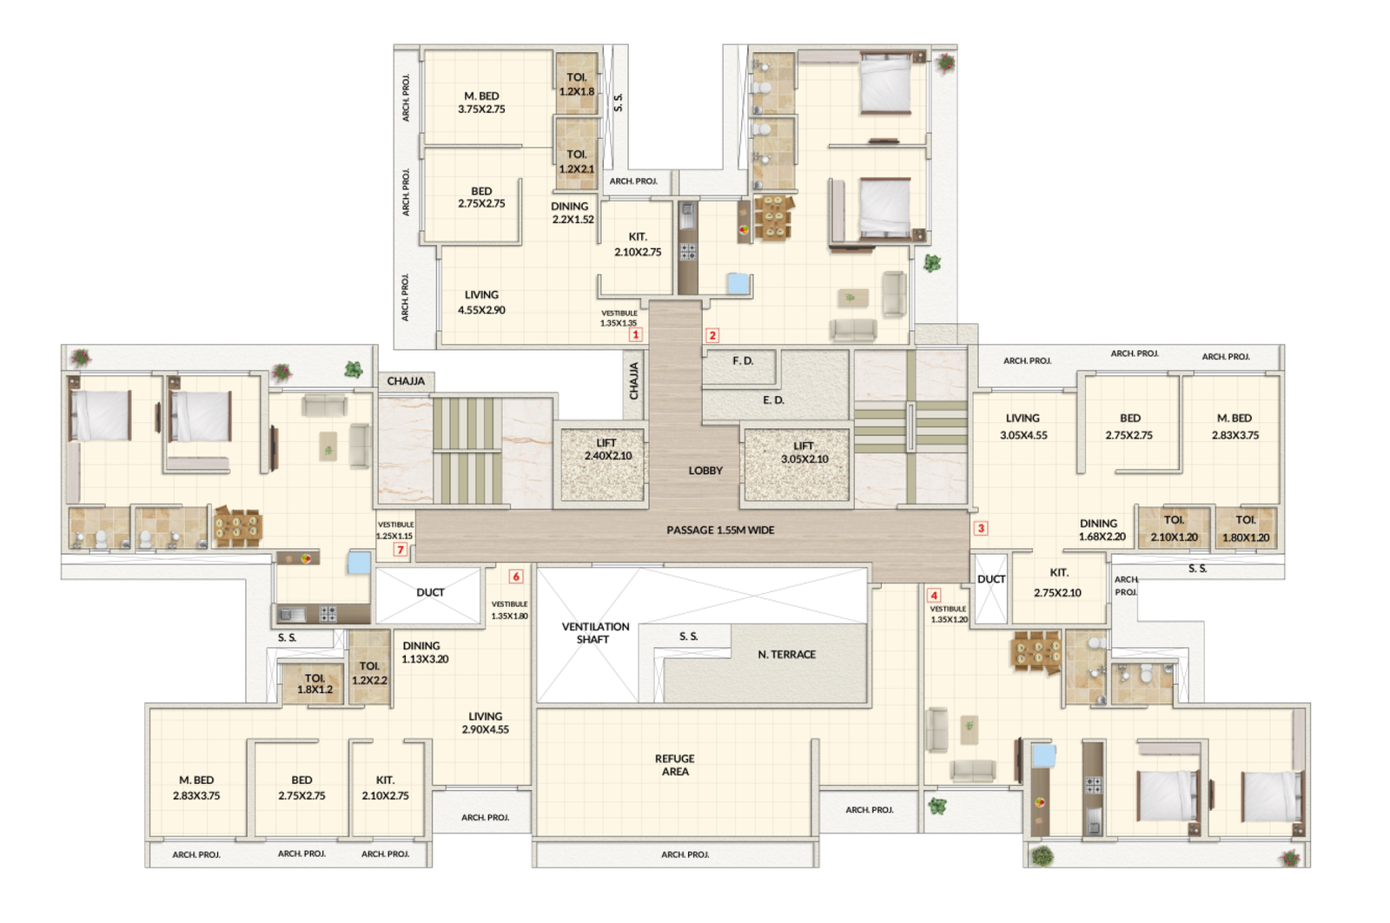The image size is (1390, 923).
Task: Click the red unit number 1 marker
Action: pyautogui.click(x=636, y=334)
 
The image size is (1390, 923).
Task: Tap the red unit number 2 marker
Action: pyautogui.click(x=712, y=335)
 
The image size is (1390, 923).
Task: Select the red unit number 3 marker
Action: pyautogui.click(x=981, y=528)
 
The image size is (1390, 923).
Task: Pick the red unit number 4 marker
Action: pyautogui.click(x=934, y=595)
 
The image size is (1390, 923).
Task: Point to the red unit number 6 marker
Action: pyautogui.click(x=516, y=577)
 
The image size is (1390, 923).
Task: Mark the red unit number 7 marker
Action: pyautogui.click(x=400, y=550)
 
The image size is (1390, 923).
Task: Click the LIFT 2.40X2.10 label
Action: pyautogui.click(x=607, y=450)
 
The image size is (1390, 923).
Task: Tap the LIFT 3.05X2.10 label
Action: pyautogui.click(x=804, y=452)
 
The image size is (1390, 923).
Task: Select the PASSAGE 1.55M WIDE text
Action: pyautogui.click(x=720, y=530)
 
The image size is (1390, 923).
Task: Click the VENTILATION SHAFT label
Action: pyautogui.click(x=595, y=633)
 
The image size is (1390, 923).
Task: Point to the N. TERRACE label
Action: pyautogui.click(x=786, y=655)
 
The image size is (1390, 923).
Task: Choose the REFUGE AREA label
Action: pyautogui.click(x=675, y=765)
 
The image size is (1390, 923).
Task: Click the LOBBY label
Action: pyautogui.click(x=705, y=471)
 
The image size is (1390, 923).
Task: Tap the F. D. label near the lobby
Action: pyautogui.click(x=742, y=361)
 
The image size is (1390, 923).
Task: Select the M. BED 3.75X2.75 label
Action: pyautogui.click(x=481, y=102)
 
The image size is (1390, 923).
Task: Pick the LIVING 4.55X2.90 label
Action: pyautogui.click(x=481, y=302)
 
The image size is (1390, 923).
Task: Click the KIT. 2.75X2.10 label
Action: pyautogui.click(x=1058, y=583)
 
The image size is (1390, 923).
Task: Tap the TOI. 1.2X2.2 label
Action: pyautogui.click(x=369, y=673)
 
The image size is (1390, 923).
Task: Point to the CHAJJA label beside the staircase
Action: pyautogui.click(x=406, y=381)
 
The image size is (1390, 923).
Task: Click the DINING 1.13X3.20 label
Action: pyautogui.click(x=424, y=652)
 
